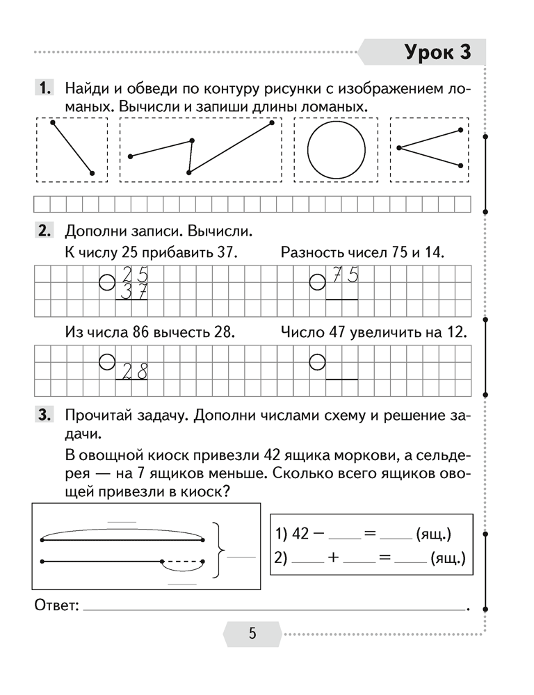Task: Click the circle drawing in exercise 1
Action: point(337,150)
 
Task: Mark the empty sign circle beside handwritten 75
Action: point(317,281)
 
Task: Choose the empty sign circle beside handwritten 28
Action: point(106,361)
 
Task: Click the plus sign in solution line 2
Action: point(333,558)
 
